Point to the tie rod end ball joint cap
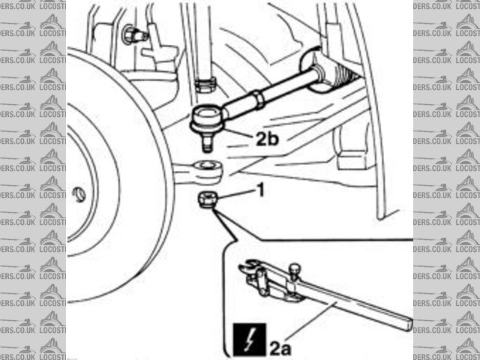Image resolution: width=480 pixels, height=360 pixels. (x=205, y=117)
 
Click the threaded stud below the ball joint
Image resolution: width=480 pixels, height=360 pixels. (x=206, y=142)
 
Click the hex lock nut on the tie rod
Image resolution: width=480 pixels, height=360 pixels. (x=256, y=97)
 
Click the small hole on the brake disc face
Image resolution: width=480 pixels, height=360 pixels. (x=79, y=195)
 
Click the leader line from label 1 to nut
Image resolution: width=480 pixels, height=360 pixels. (x=234, y=194)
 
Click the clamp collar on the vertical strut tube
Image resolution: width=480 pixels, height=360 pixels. (x=203, y=81)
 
